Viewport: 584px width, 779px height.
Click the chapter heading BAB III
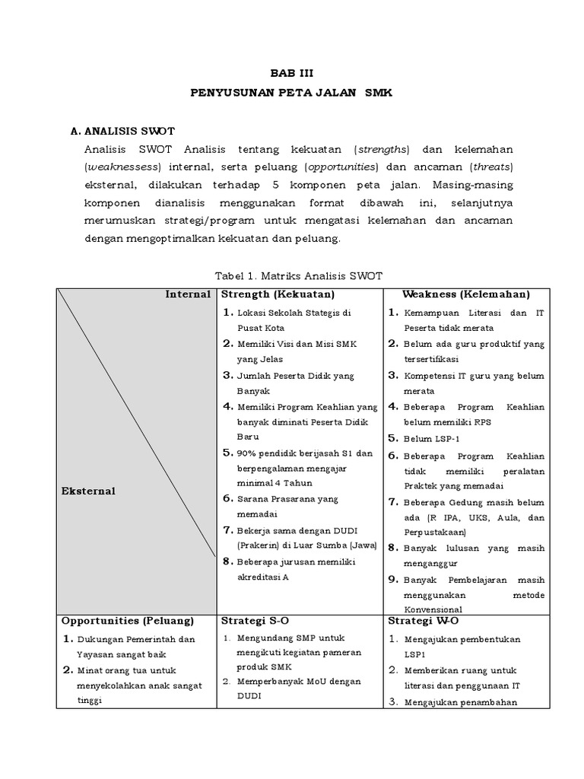click(291, 73)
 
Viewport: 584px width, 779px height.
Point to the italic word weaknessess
click(125, 167)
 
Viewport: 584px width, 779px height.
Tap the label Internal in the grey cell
click(187, 294)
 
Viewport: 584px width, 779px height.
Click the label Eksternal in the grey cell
click(88, 491)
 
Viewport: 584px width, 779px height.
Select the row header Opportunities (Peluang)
click(127, 621)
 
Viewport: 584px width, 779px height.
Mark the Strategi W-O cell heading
click(417, 621)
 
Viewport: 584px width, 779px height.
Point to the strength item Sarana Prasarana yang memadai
click(286, 506)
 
